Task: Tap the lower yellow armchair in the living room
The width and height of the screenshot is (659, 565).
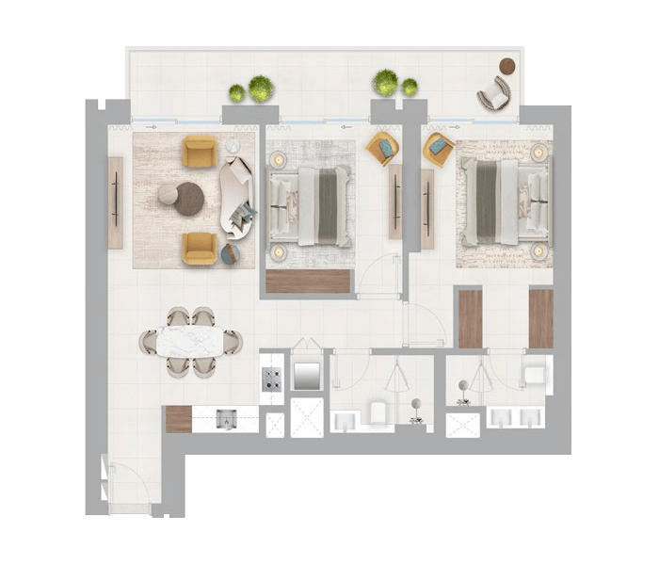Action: click(200, 248)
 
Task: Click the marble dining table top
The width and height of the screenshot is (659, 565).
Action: click(192, 341)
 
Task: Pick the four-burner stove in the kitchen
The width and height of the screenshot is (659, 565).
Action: click(272, 379)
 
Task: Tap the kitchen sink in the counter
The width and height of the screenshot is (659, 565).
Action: click(225, 418)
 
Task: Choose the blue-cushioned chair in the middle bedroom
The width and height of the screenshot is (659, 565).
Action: click(382, 147)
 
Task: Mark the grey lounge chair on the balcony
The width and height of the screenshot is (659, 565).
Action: click(493, 94)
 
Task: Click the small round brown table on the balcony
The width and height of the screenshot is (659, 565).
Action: click(507, 66)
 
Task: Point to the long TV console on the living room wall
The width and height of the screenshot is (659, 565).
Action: click(115, 202)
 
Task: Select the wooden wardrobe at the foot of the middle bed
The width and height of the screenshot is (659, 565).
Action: click(308, 281)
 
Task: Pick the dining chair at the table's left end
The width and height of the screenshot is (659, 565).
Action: click(149, 342)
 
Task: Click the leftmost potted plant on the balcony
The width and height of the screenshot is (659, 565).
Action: click(236, 92)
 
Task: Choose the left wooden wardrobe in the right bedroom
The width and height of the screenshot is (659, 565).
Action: click(470, 318)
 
